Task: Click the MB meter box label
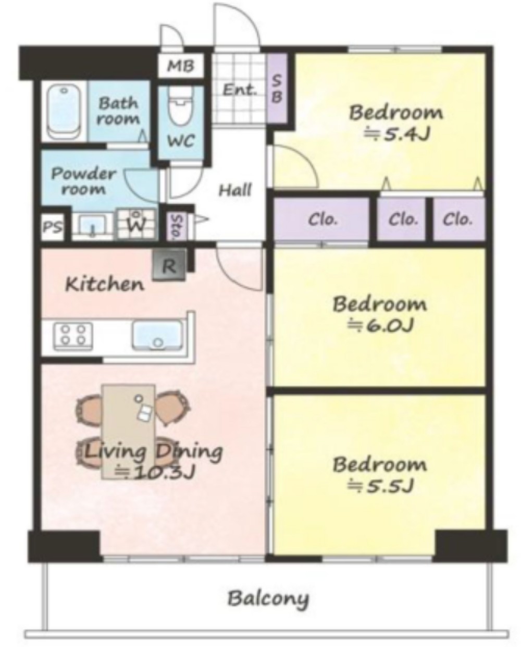[x=181, y=66]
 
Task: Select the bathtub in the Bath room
[x=64, y=111]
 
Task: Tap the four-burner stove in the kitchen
[x=73, y=336]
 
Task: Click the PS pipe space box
[x=53, y=227]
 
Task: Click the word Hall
[x=235, y=190]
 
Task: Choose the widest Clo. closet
[x=321, y=219]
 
